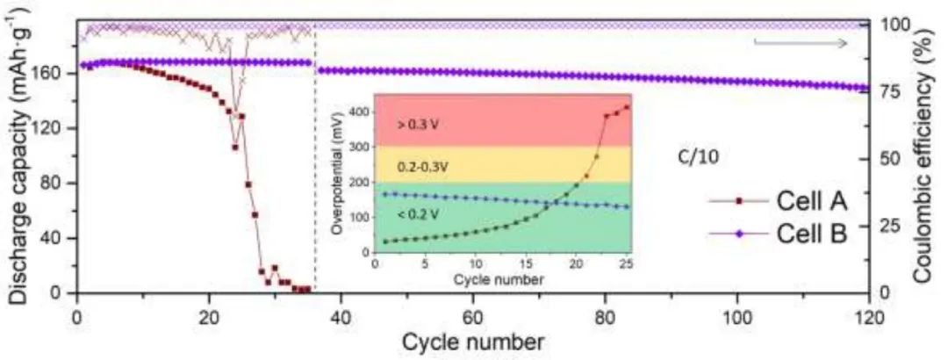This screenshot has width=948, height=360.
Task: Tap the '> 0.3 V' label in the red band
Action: coord(418,124)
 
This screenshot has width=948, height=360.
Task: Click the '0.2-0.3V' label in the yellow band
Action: coord(423,165)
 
